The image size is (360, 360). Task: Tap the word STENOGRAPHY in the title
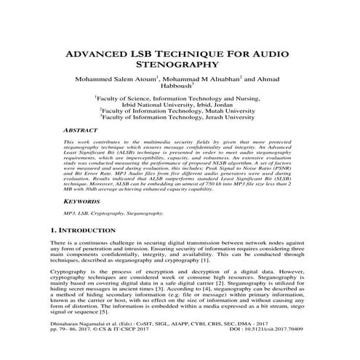tap(180, 68)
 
